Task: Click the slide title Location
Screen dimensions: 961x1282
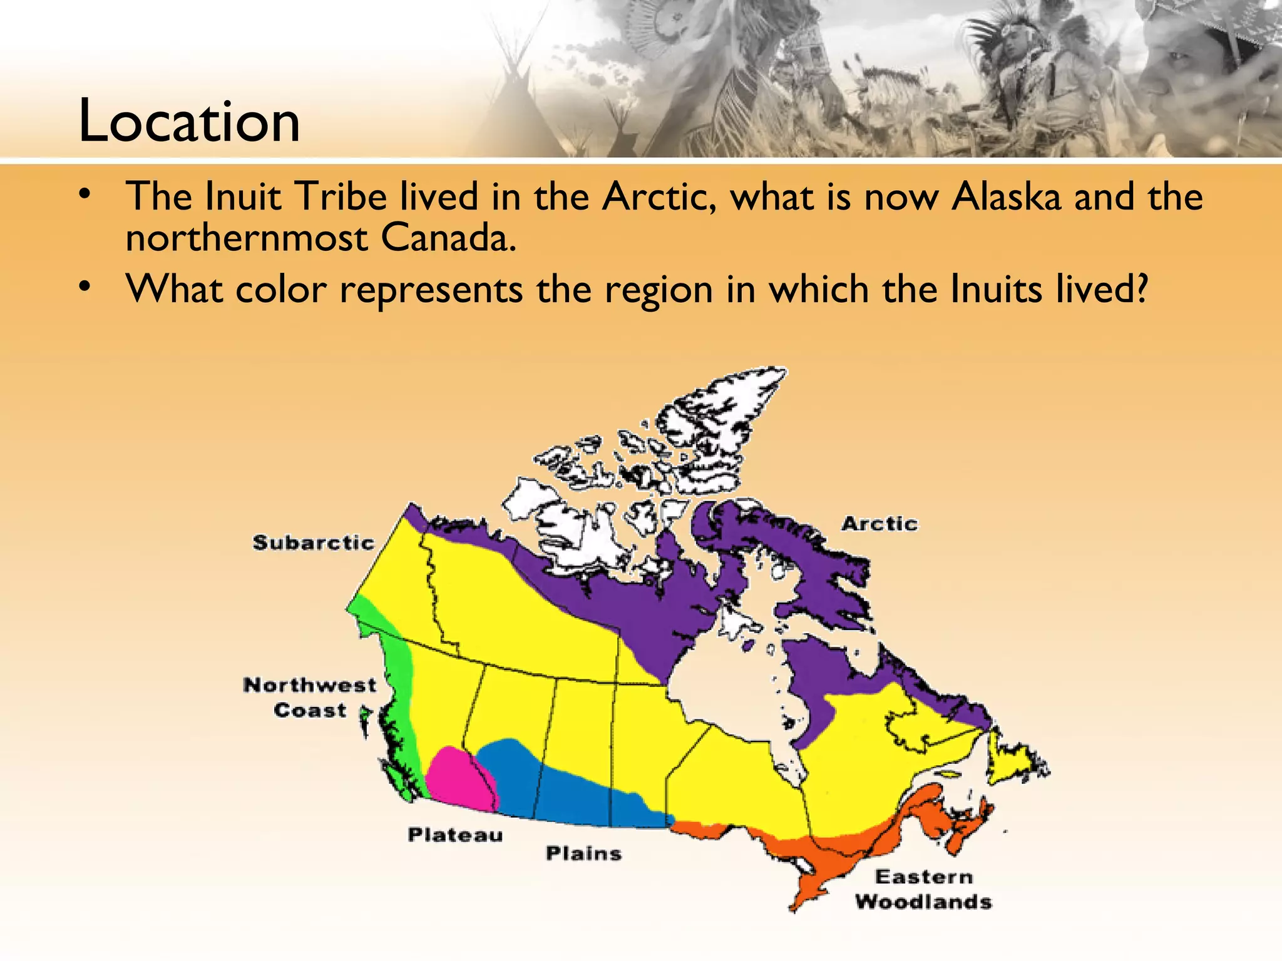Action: click(189, 121)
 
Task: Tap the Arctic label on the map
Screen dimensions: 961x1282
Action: click(879, 524)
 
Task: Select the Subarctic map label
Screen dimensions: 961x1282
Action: click(313, 542)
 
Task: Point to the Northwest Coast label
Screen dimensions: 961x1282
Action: click(310, 698)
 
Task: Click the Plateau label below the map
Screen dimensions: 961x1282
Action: click(455, 835)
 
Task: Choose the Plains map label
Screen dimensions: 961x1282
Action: click(583, 853)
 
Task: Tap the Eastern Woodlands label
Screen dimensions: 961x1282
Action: click(924, 889)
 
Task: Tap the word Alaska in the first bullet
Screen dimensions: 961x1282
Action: click(1006, 196)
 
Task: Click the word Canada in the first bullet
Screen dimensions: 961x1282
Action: click(448, 239)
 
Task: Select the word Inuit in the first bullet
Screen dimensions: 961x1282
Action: click(243, 196)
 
